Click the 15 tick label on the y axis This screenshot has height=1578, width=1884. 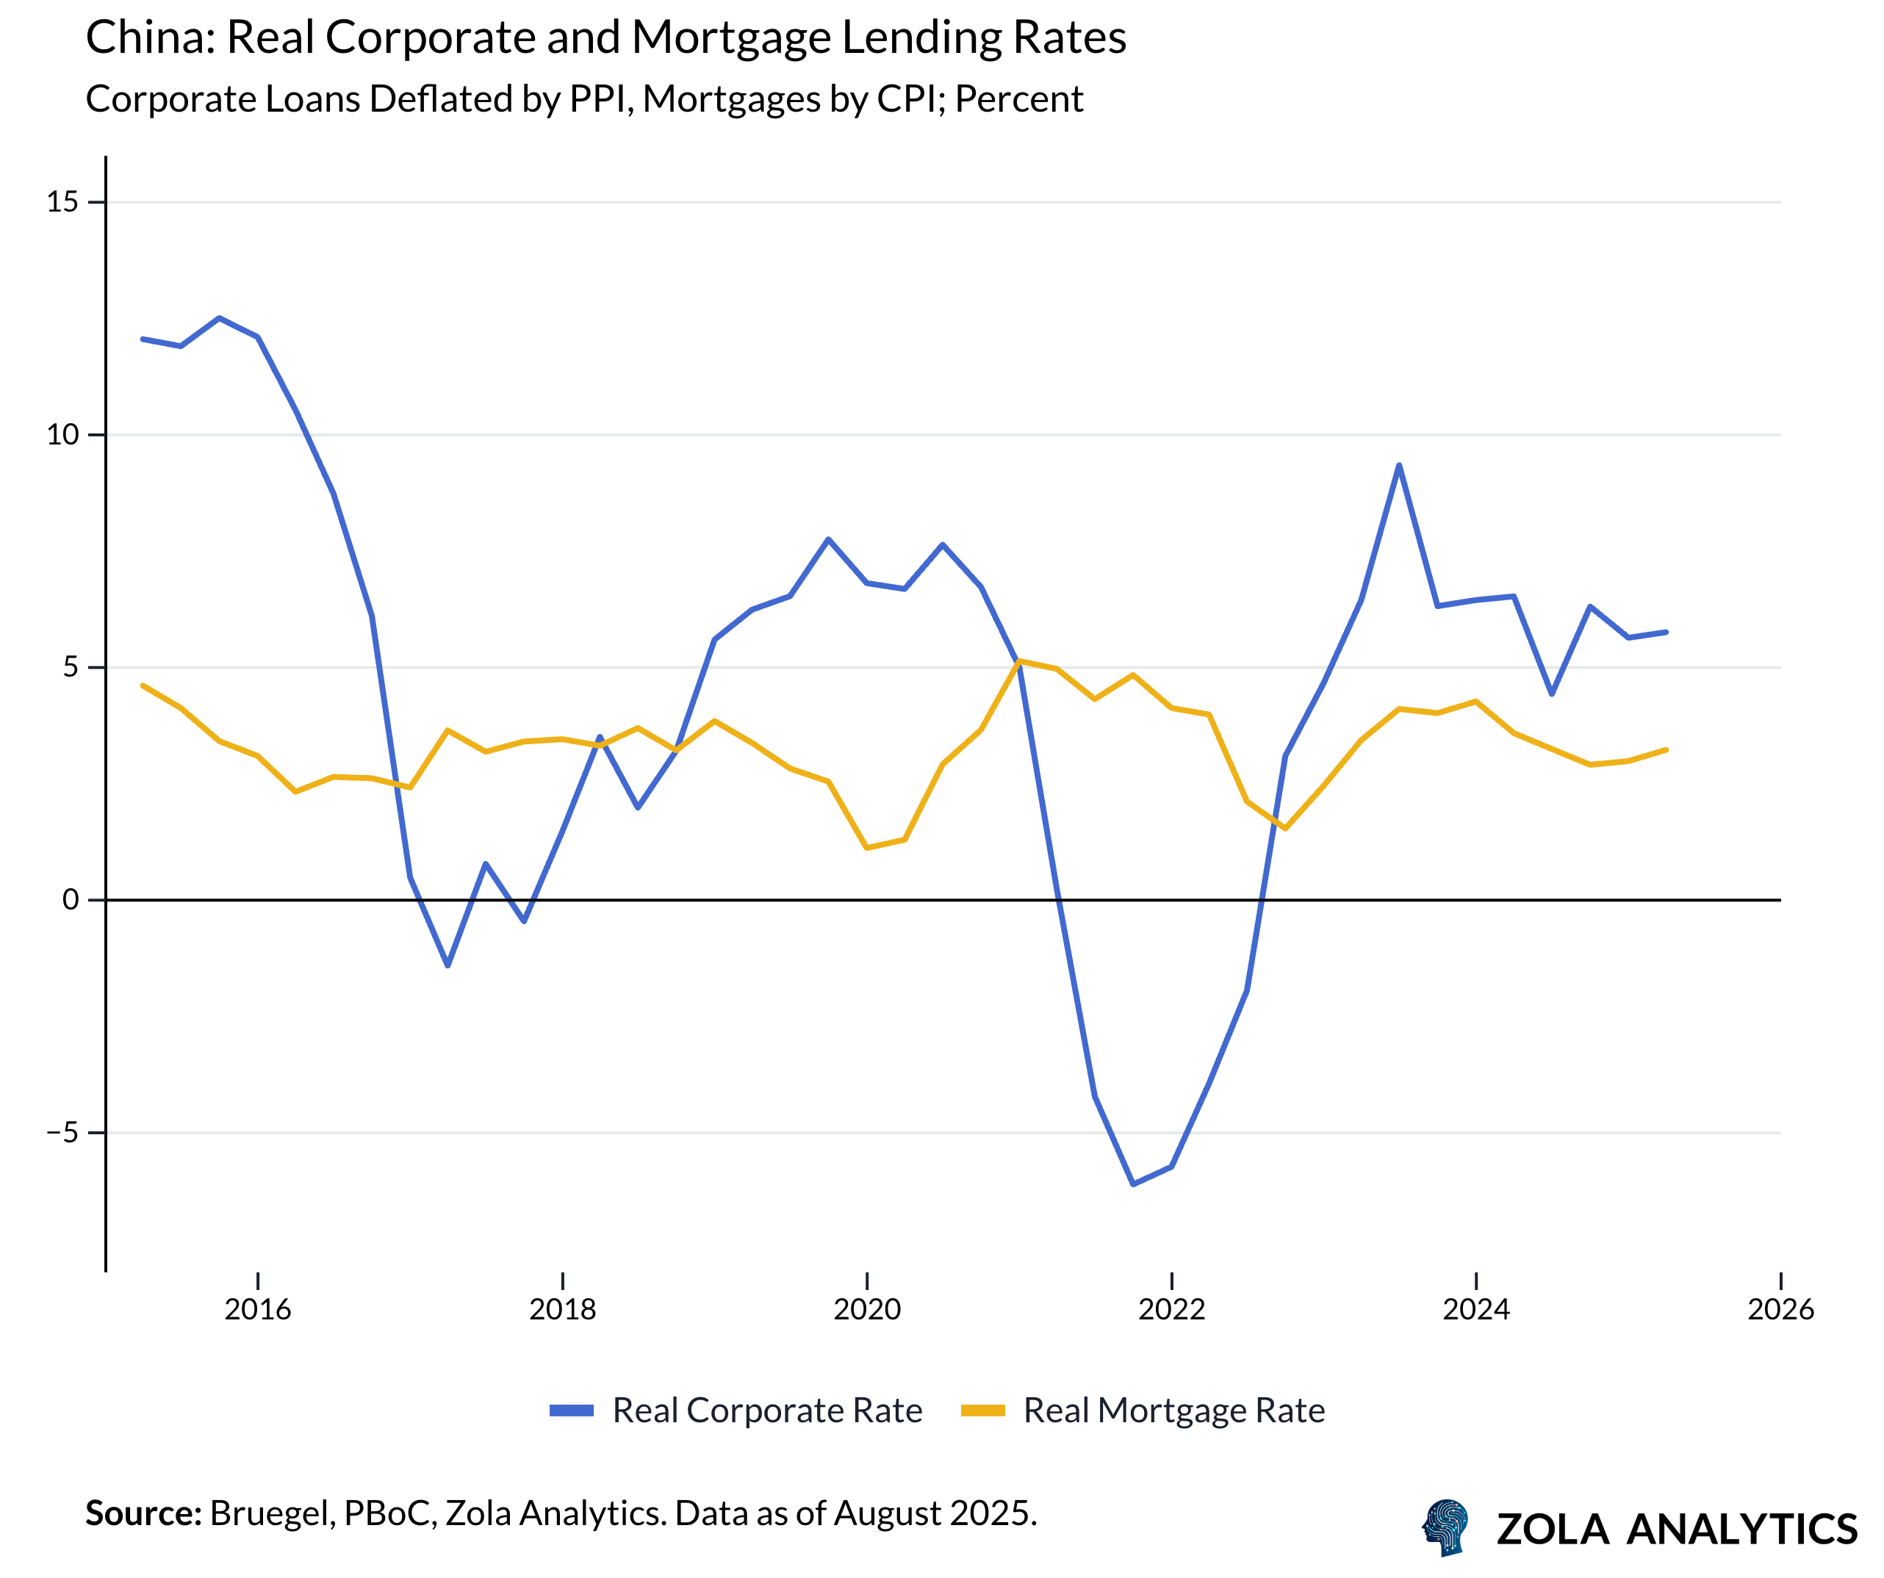pos(62,202)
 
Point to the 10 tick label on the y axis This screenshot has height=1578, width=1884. pos(62,435)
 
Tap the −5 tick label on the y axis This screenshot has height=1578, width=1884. pos(62,1132)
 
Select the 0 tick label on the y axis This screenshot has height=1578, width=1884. pos(71,900)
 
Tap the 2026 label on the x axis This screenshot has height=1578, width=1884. pos(1781,1310)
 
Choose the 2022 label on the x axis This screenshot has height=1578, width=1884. pos(1172,1310)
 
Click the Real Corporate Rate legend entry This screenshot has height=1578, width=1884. pos(767,1411)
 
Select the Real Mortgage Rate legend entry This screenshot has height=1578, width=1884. pos(1174,1411)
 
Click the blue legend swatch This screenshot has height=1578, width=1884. pos(572,1411)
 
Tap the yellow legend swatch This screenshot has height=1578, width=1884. pos(982,1411)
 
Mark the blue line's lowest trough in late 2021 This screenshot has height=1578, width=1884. pos(1133,1184)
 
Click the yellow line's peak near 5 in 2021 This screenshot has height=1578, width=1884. pos(1019,661)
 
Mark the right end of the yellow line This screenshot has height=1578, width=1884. pos(1666,750)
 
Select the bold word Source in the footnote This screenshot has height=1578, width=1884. pos(143,1513)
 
